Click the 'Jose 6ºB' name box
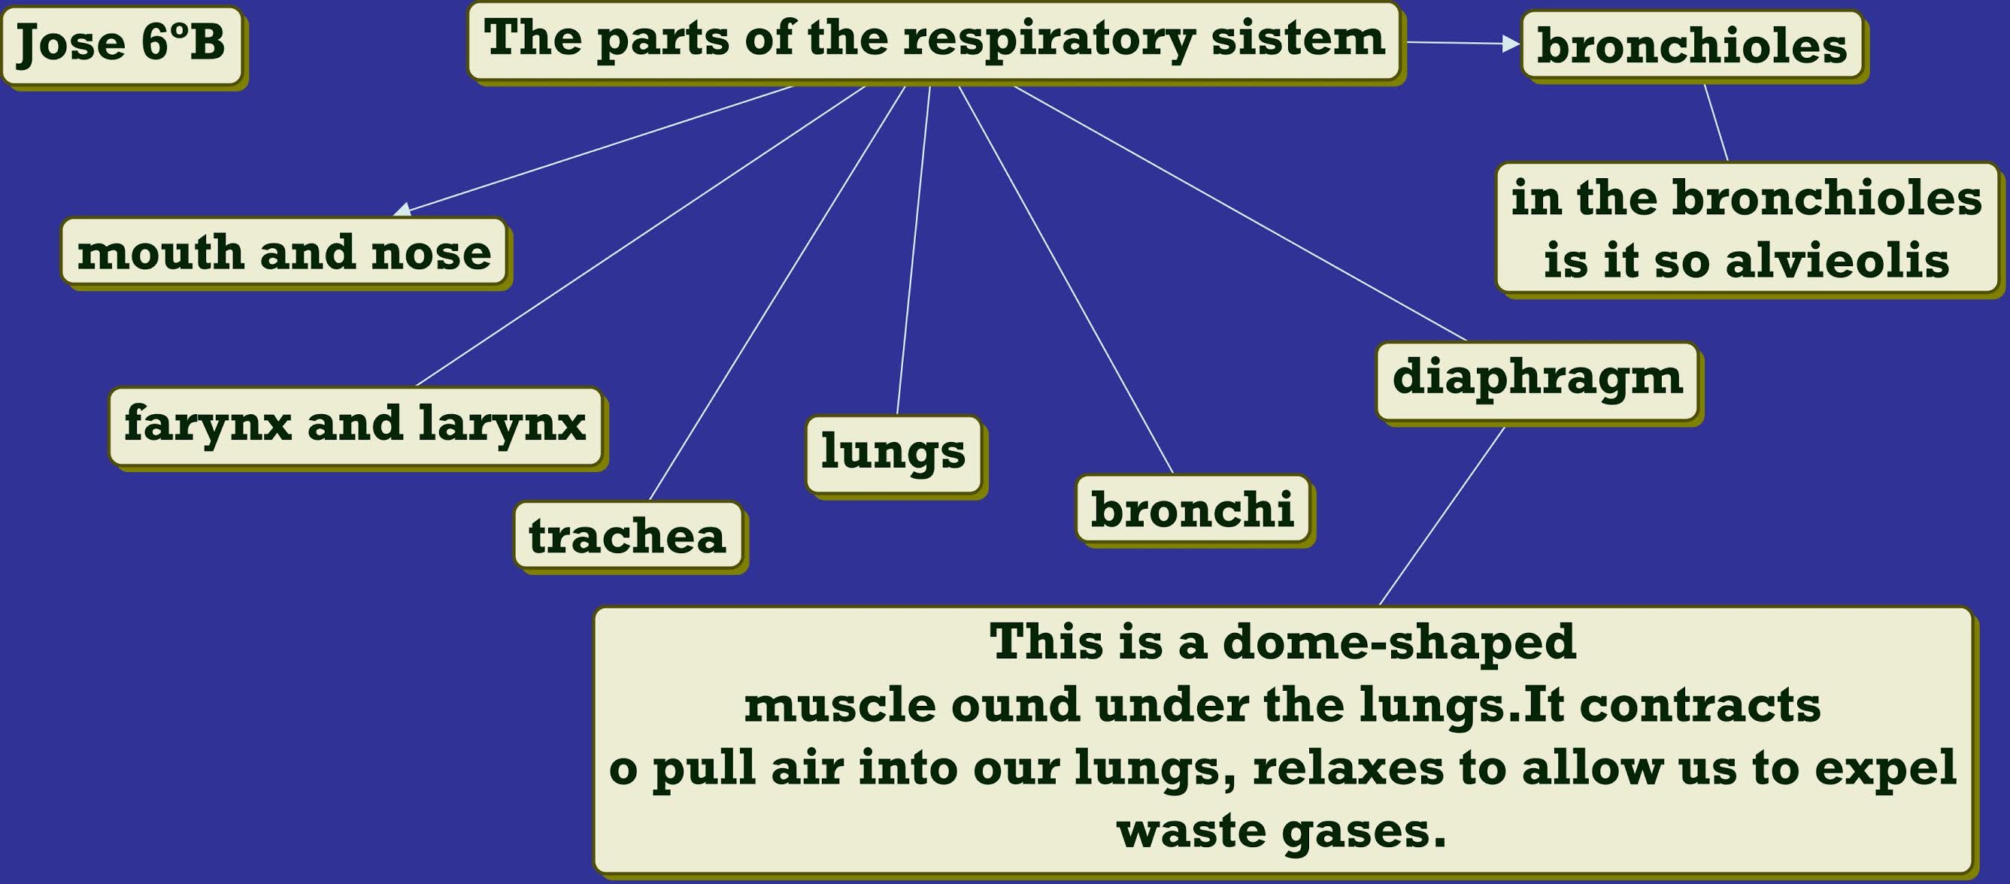[x=122, y=44]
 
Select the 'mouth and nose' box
[x=284, y=253]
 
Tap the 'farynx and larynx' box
[x=356, y=426]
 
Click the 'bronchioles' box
[x=1692, y=45]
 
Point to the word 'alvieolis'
[x=1837, y=261]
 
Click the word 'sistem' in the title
[x=1298, y=39]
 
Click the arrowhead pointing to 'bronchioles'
[x=1511, y=44]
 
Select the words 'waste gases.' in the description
[x=1281, y=831]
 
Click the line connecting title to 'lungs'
[x=914, y=250]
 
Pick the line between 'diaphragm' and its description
[x=1442, y=516]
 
